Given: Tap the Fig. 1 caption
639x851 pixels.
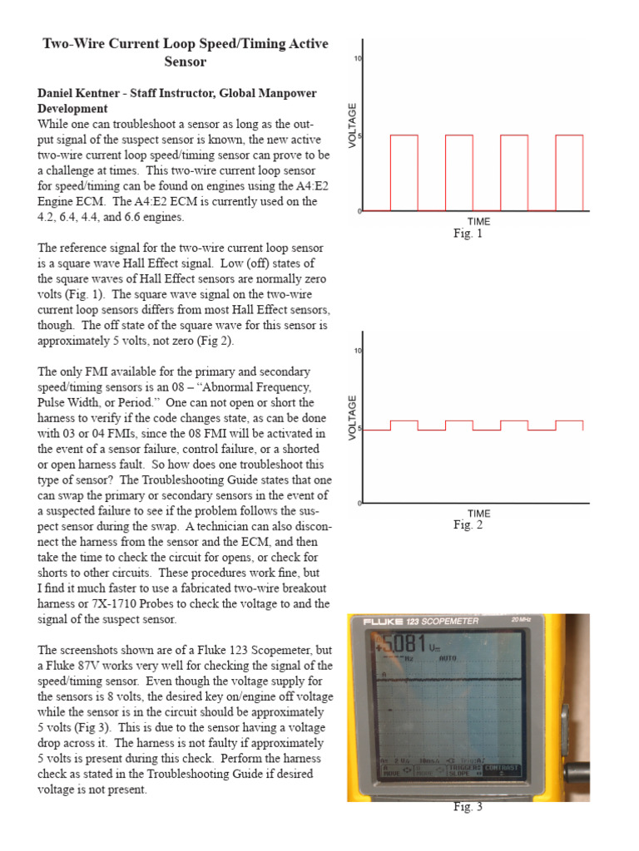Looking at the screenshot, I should click(468, 234).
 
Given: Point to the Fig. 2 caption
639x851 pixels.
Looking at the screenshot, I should click(468, 524).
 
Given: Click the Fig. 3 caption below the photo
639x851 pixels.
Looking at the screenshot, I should click(468, 807).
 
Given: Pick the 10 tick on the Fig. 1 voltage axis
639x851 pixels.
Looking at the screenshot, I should click(358, 59).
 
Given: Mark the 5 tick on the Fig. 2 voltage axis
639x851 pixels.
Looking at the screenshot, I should click(359, 430).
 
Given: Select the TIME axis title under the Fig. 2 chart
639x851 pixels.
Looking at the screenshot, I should click(478, 513).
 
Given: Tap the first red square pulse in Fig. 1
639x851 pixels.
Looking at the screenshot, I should click(404, 173).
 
